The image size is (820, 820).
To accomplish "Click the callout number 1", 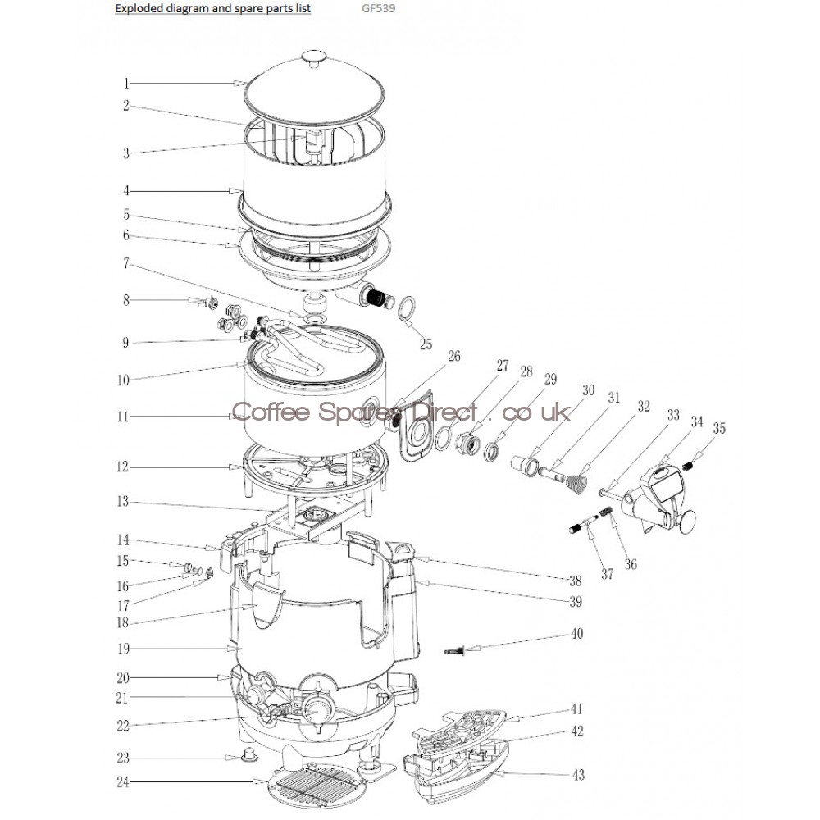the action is (x=126, y=83).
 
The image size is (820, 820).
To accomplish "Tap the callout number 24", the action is (x=123, y=782).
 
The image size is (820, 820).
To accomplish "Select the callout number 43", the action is (x=578, y=775).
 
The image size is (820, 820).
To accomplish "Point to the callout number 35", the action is (x=720, y=428).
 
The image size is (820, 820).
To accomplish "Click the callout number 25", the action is (x=426, y=344).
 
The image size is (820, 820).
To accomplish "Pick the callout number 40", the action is (x=576, y=634).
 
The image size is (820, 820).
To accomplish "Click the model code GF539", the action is (x=378, y=8).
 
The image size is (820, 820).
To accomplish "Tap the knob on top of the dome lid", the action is (x=314, y=57).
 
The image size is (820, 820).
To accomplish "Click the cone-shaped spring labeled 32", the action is (x=576, y=484).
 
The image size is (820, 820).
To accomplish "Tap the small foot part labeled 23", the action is (x=248, y=754).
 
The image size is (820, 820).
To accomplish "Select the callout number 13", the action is (x=122, y=502).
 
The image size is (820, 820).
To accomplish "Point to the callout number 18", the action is (x=122, y=623).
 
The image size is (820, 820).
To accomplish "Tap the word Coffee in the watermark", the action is (x=271, y=412).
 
